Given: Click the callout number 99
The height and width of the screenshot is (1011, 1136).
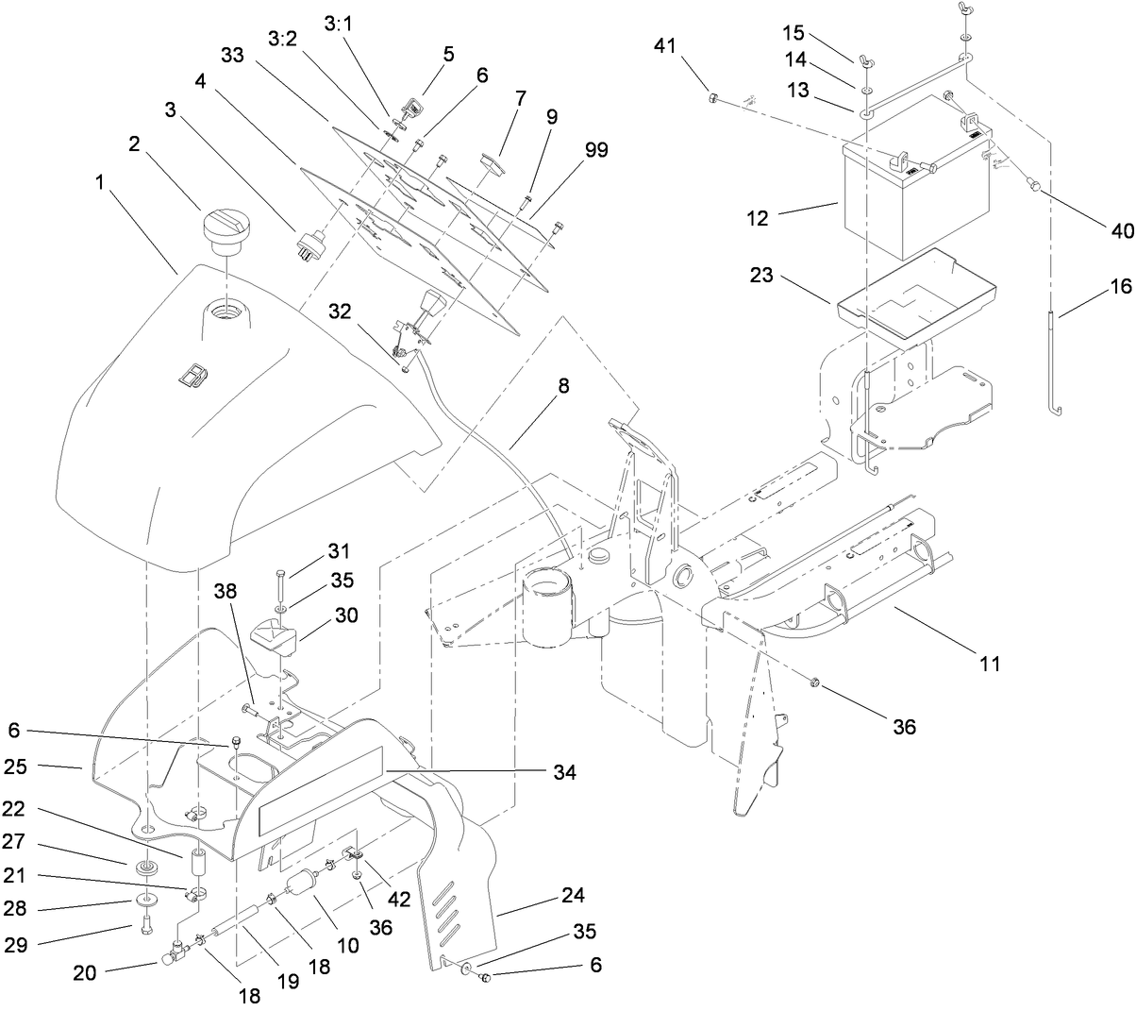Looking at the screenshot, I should click(x=595, y=149).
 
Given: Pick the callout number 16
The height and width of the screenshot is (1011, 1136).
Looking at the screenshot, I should click(x=1117, y=287).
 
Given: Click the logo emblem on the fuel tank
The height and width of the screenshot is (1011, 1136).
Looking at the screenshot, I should click(x=191, y=376).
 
